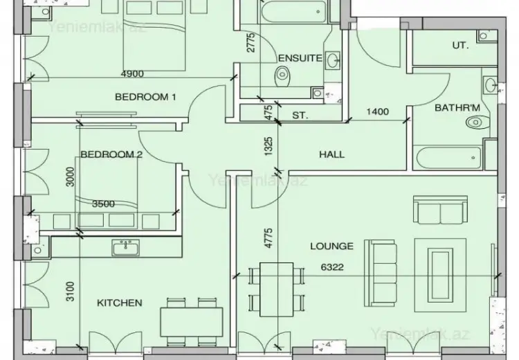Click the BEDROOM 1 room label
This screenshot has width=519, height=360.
(x=145, y=97)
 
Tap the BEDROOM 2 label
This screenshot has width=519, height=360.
(x=111, y=154)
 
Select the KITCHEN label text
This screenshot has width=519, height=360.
(x=120, y=303)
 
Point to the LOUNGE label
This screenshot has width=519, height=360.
(x=331, y=246)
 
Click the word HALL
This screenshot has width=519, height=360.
(x=331, y=154)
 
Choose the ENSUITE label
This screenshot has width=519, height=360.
(x=300, y=58)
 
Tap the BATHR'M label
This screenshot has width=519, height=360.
(x=457, y=107)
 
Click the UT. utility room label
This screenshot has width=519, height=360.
(x=460, y=45)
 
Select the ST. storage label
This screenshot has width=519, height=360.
(x=300, y=116)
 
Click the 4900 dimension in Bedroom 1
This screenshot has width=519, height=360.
(x=132, y=73)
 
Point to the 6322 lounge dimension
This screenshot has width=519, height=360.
(x=332, y=267)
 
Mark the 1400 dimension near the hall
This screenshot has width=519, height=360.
(x=378, y=111)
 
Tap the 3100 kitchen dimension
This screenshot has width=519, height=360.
(x=70, y=291)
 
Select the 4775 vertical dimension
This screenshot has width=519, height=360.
(x=268, y=237)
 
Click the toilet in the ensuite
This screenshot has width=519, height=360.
(x=282, y=75)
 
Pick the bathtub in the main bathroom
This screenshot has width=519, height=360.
(x=448, y=159)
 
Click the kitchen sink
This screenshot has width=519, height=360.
(x=125, y=247)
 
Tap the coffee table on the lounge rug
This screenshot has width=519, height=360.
(x=439, y=276)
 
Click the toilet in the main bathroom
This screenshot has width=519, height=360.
(x=478, y=123)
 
